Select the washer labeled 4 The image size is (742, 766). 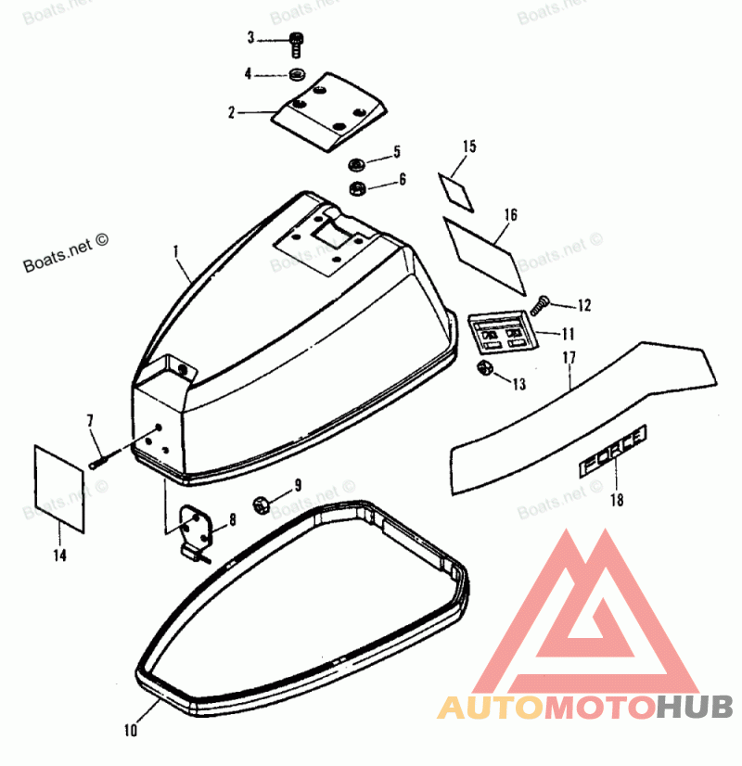[x=297, y=74]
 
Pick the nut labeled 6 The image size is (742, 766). [x=355, y=189]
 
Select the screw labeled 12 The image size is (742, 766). [x=543, y=302]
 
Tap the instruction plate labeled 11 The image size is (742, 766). [x=499, y=332]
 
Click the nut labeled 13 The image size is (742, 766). [x=482, y=371]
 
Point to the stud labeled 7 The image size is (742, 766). [x=100, y=459]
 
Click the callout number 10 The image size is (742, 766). [x=130, y=731]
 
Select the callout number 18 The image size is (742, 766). [x=617, y=501]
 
